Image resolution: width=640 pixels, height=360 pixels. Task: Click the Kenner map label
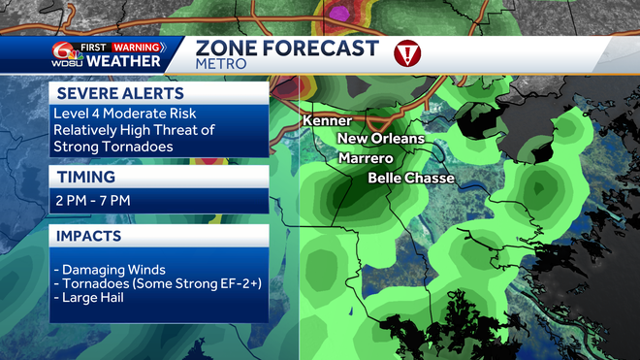[x=327, y=121]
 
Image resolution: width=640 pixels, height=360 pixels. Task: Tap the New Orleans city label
[x=381, y=139]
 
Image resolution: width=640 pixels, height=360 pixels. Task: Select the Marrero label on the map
[x=366, y=158]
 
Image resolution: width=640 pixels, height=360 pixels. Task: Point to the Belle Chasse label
[x=410, y=179]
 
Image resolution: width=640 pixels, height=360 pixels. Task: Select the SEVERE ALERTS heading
[x=118, y=93]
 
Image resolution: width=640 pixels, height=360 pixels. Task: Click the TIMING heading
[x=87, y=178]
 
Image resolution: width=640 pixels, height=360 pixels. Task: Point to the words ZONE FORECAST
[x=287, y=49]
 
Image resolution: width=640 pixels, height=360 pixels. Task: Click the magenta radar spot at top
[x=340, y=12]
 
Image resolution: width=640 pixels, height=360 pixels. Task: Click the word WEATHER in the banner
[x=125, y=62]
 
